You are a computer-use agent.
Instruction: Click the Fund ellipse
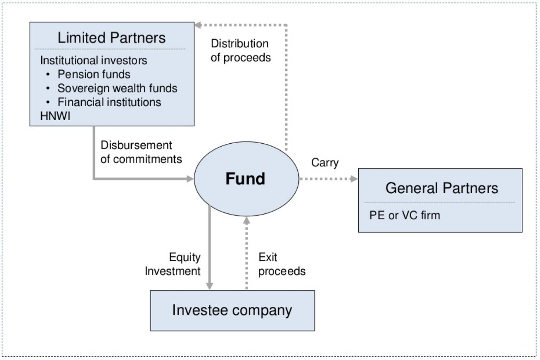[x=246, y=179]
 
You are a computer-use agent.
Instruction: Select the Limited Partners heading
[x=111, y=38]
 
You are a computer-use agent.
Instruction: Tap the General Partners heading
[x=442, y=188]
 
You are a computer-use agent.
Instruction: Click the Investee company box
[x=232, y=310]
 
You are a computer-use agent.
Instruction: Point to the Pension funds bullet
[x=94, y=74]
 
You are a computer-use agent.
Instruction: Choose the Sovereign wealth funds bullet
[x=117, y=88]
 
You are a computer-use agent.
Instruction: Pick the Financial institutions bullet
[x=109, y=102]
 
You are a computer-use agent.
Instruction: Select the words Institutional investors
[x=93, y=60]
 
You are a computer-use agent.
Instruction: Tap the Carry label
[x=324, y=163]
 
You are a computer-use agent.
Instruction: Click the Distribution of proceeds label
[x=241, y=50]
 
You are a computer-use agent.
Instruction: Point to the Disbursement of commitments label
[x=141, y=152]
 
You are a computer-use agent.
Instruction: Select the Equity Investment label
[x=185, y=264]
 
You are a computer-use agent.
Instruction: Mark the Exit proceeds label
[x=282, y=264]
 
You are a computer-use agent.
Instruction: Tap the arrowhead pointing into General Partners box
[x=354, y=179]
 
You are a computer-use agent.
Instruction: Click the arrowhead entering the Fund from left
[x=190, y=179]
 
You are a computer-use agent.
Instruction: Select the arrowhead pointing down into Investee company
[x=210, y=286]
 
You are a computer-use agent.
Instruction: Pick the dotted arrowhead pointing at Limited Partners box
[x=199, y=25]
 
